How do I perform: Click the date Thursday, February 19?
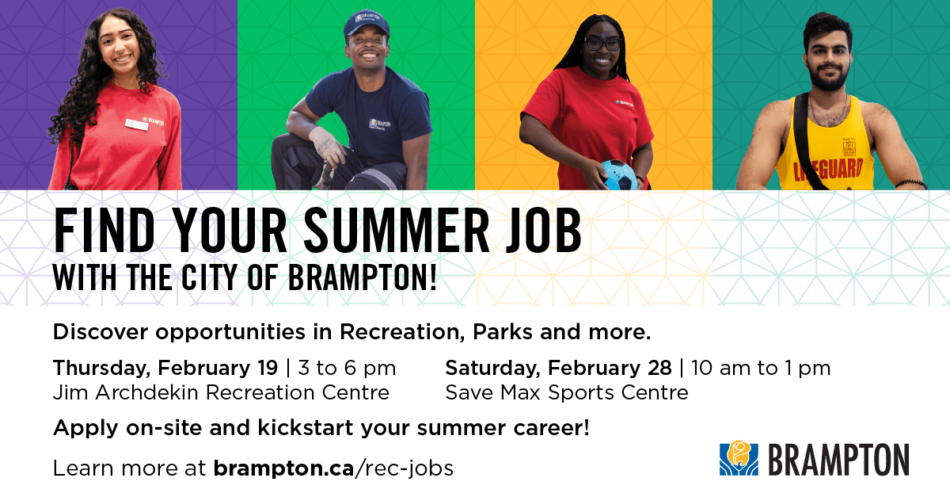click(x=165, y=369)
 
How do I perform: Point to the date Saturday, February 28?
click(x=558, y=369)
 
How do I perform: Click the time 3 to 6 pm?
click(x=345, y=369)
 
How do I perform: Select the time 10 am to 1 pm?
click(x=761, y=369)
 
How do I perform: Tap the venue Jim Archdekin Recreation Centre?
click(x=221, y=392)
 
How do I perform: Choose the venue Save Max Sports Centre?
click(x=566, y=392)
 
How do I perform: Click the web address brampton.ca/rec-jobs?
click(x=332, y=468)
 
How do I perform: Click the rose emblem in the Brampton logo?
click(x=738, y=458)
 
